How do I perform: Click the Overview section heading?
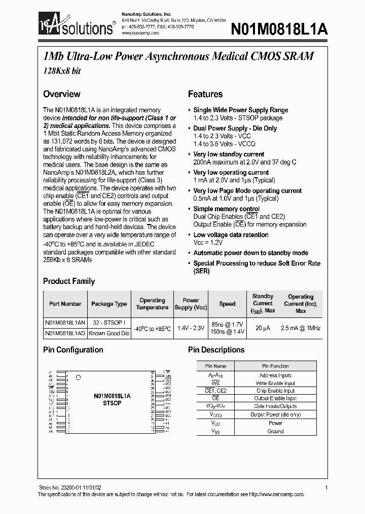tap(61, 94)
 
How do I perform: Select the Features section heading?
tap(205, 94)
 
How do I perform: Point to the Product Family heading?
tap(68, 281)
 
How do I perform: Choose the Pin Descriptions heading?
tap(216, 349)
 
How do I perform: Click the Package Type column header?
tap(109, 304)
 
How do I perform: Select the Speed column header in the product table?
tap(227, 304)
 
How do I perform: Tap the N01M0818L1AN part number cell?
tap(65, 323)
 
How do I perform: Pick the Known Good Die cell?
tap(109, 334)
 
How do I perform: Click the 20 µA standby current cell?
tap(263, 328)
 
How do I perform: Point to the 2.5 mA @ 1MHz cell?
tap(301, 328)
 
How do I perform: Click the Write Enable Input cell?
tap(275, 383)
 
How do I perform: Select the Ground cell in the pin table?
tap(275, 431)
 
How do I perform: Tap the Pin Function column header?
tap(275, 366)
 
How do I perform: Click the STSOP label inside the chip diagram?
tap(112, 403)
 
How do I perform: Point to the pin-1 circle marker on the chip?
tap(78, 377)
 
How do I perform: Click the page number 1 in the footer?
tap(326, 488)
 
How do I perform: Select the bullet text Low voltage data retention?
tap(231, 235)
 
